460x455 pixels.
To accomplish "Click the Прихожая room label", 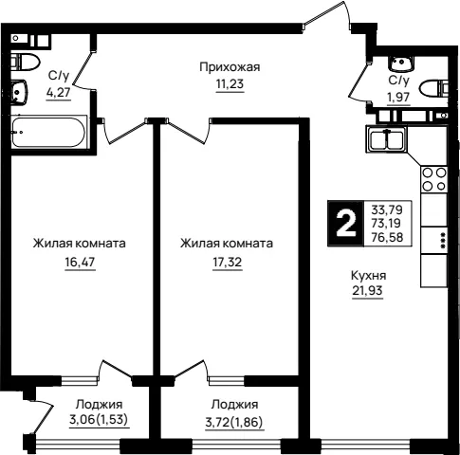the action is pos(230,67).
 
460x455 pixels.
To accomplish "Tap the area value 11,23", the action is pos(230,84).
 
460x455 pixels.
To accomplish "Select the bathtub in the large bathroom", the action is pos(48,132).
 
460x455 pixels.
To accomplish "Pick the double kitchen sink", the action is pos(386,139).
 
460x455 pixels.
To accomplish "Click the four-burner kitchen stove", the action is pos(433,179).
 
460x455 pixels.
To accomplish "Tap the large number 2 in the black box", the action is pos(346,224).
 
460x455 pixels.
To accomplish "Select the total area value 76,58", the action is pos(387,237).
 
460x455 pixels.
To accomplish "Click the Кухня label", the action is pos(369,276).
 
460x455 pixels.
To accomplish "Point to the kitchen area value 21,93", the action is pos(368,290).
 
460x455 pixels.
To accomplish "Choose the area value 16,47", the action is pos(80,262).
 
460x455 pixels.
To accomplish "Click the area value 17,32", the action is pos(228,262).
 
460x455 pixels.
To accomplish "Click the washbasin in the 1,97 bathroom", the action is pos(400,64).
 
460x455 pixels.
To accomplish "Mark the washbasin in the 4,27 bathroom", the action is pos(19,92).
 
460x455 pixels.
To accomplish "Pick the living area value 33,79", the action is pos(387,209).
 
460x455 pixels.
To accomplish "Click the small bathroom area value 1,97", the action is pos(398,97).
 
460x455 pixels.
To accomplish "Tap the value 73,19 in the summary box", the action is pos(386,223).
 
